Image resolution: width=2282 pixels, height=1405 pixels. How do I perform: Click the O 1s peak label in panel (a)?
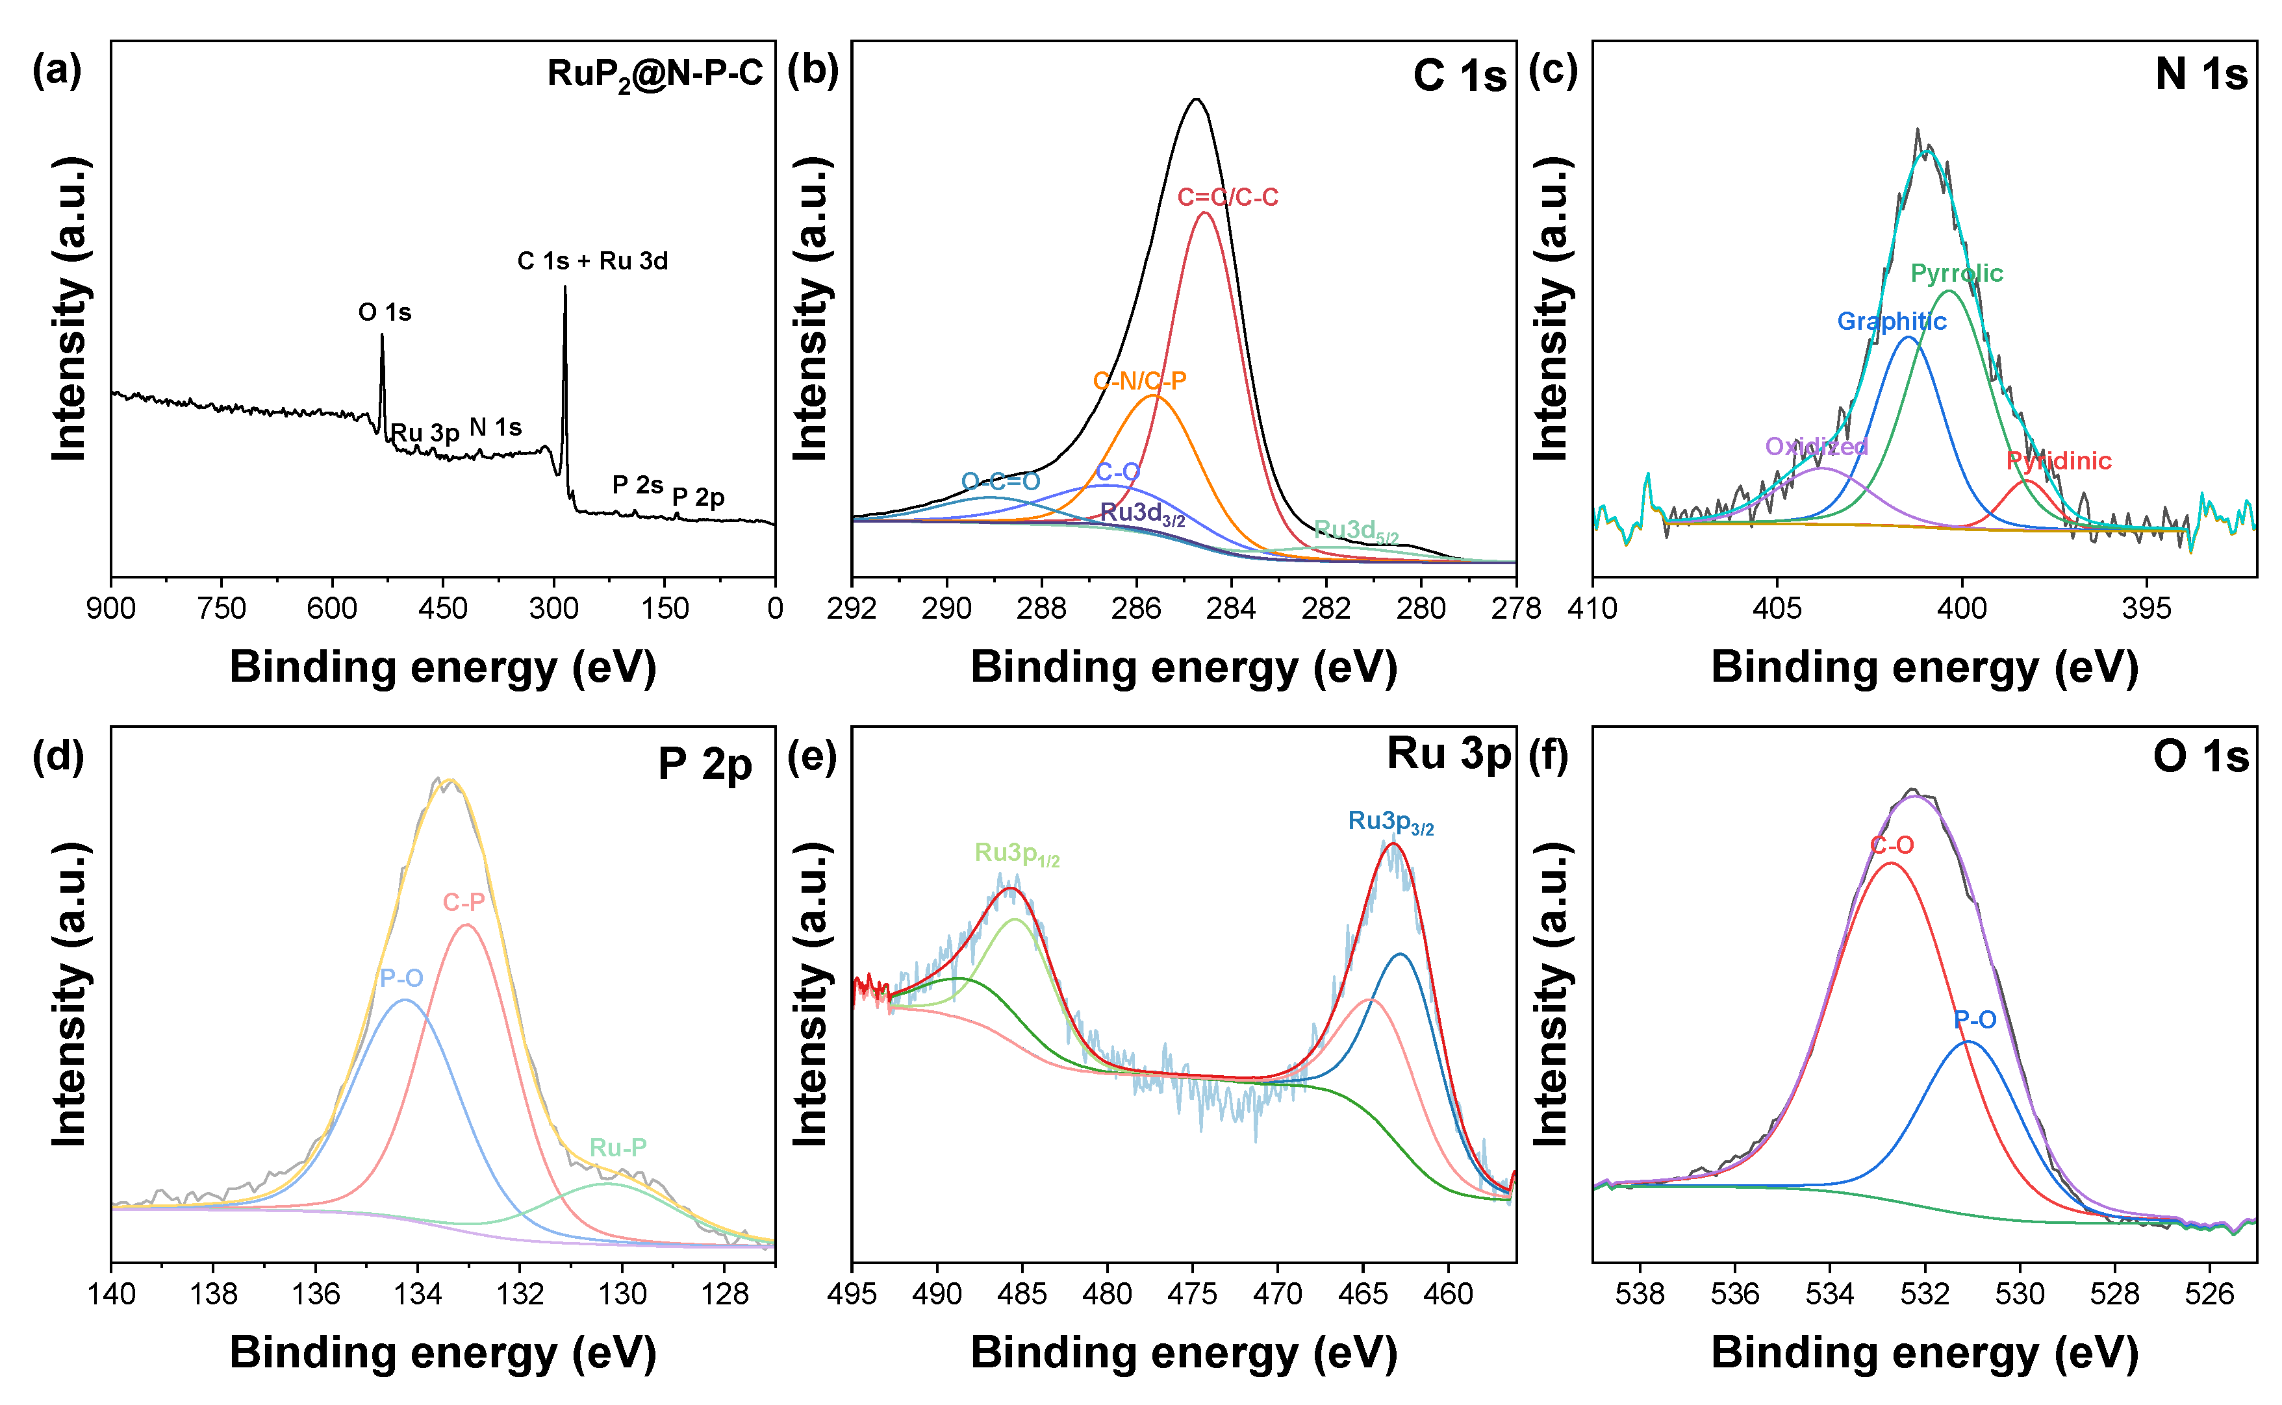coord(385,312)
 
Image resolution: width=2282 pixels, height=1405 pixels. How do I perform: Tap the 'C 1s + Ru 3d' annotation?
coord(592,261)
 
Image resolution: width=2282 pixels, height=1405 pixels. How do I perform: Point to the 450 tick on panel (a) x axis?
coord(442,608)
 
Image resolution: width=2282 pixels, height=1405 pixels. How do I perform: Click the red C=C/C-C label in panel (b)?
coord(1227,197)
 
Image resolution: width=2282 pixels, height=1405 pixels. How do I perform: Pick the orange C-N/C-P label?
coord(1139,380)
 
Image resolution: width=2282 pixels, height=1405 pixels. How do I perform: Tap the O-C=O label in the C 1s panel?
coord(1000,481)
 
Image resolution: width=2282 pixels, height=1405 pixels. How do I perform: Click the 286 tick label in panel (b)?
coord(1136,608)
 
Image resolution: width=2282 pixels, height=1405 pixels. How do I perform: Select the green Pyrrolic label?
coord(1956,273)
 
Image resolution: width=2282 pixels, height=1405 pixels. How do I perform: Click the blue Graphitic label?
coord(1891,321)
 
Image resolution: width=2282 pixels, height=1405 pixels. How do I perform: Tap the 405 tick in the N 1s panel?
coord(1777,608)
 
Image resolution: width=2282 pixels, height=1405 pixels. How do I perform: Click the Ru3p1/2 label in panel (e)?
coord(1016,854)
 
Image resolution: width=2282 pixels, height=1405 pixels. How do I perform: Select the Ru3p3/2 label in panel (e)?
coord(1391,823)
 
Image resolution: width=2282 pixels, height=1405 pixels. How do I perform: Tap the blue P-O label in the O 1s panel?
coord(1974,1020)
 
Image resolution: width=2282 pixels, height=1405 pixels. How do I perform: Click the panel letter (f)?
coord(1549,756)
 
